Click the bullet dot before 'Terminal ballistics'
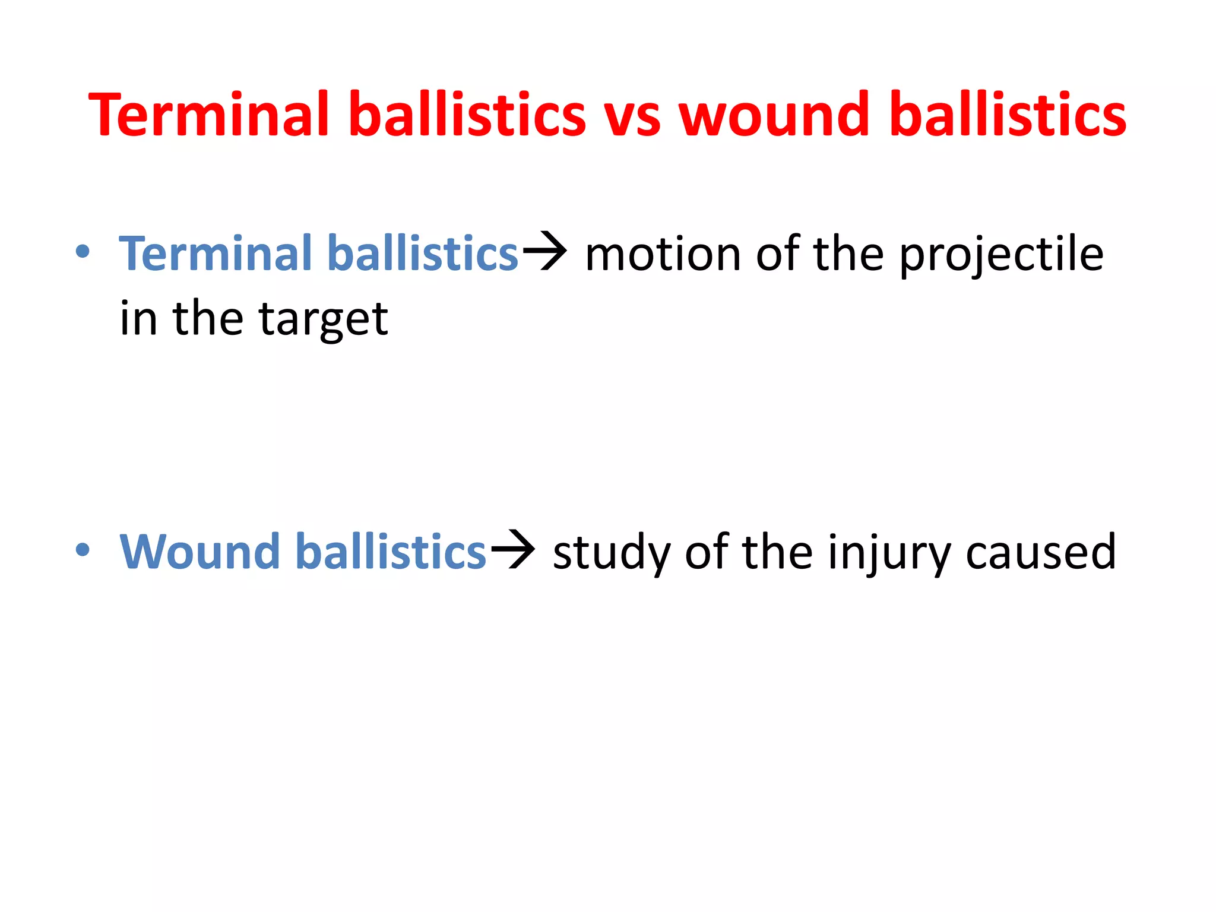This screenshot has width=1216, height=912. [83, 252]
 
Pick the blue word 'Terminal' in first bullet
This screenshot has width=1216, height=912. [217, 254]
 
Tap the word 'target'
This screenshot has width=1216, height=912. [323, 319]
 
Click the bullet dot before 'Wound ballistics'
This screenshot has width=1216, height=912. [83, 550]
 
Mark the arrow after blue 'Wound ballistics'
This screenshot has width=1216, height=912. [512, 550]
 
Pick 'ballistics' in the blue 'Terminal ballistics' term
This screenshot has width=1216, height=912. [423, 254]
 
